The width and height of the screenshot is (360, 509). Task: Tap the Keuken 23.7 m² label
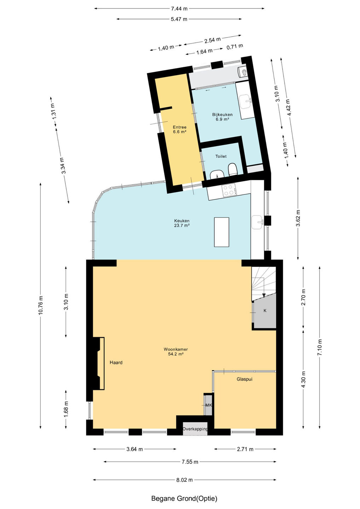coord(182,223)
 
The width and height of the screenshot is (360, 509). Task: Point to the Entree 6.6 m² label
coord(180,129)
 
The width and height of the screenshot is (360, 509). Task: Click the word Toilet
coord(221,156)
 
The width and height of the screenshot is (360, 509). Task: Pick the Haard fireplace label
coord(116,362)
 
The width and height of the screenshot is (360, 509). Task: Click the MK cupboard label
coord(208,405)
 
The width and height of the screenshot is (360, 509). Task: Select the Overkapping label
coord(195,429)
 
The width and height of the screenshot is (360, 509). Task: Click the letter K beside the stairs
coord(265,310)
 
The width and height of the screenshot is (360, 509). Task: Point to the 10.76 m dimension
coord(40,305)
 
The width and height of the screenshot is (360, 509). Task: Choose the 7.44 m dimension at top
coord(179,8)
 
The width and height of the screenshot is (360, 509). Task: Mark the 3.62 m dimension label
coord(298,218)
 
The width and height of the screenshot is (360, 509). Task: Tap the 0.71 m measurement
coord(235,47)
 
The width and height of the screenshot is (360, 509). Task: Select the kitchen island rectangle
coord(221,232)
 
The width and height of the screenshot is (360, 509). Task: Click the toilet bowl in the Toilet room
coord(232,170)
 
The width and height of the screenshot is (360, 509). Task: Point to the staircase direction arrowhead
coord(264,295)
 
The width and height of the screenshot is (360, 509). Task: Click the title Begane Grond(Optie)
coord(184,498)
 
